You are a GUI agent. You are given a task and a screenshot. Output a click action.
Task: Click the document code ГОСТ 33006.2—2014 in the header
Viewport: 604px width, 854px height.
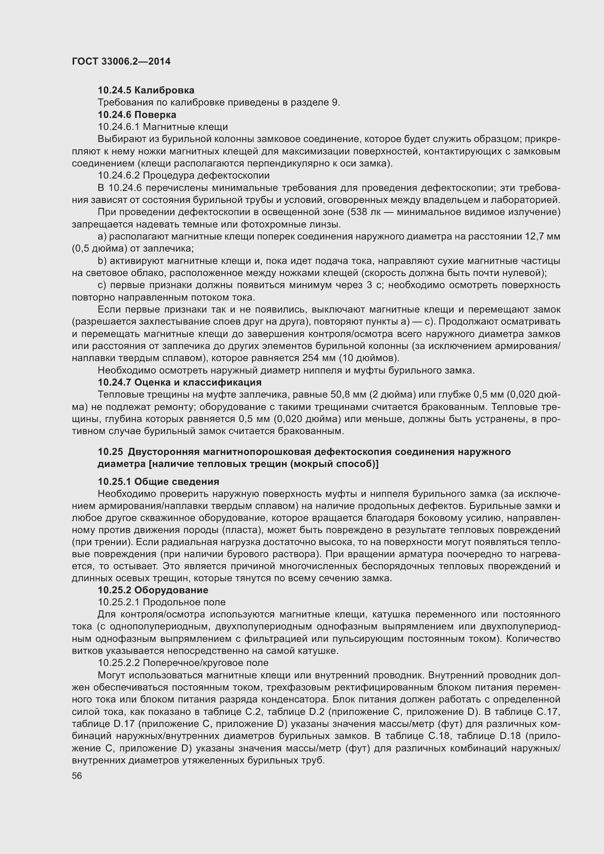click(x=121, y=61)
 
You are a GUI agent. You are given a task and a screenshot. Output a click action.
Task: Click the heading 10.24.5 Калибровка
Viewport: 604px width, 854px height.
click(x=146, y=90)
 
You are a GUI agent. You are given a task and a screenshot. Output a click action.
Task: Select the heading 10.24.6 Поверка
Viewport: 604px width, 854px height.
click(x=137, y=115)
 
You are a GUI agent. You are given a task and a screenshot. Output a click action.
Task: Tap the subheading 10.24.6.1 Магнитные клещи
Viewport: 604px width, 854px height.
click(x=163, y=127)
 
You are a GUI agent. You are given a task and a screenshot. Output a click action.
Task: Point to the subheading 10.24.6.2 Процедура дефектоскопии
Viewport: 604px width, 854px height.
click(x=183, y=175)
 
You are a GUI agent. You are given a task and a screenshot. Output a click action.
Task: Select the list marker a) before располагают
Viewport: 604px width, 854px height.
click(x=102, y=237)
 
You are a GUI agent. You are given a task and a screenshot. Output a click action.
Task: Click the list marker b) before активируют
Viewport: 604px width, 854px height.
click(x=102, y=261)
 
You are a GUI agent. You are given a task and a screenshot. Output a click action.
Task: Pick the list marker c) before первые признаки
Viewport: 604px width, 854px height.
click(x=102, y=285)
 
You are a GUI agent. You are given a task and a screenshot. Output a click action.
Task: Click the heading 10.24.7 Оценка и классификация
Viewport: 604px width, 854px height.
click(x=179, y=382)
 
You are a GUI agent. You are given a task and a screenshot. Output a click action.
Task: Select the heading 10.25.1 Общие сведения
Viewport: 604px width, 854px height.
click(x=158, y=482)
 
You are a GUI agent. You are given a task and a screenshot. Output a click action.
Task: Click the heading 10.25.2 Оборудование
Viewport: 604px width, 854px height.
click(x=153, y=590)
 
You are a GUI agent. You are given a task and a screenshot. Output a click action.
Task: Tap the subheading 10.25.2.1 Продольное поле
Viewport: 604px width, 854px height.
click(x=161, y=602)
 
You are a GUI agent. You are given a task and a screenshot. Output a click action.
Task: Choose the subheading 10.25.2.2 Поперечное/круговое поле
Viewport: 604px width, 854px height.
click(x=183, y=662)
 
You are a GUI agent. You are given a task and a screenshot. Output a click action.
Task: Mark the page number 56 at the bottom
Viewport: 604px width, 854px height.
click(x=77, y=776)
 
